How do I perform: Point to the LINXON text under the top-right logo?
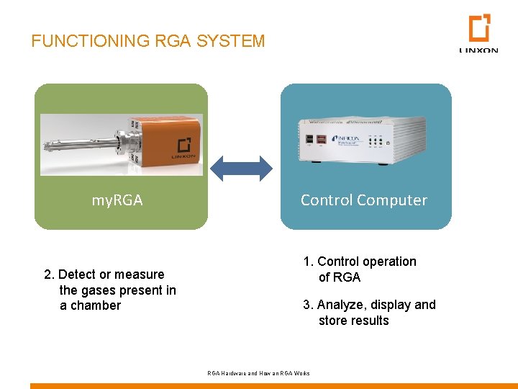click(x=478, y=50)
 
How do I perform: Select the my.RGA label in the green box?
click(x=117, y=200)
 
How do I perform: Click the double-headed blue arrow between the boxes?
click(x=242, y=168)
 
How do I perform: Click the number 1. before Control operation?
click(x=308, y=261)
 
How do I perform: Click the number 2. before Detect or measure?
click(x=49, y=274)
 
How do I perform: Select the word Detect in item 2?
click(x=74, y=274)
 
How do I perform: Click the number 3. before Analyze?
click(x=308, y=305)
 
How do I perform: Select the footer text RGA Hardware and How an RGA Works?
click(x=258, y=373)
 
